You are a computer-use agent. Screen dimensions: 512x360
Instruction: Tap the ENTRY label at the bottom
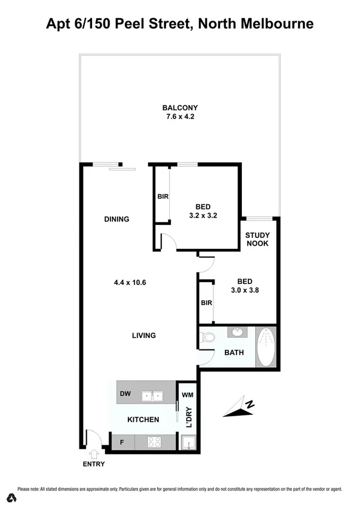(93, 464)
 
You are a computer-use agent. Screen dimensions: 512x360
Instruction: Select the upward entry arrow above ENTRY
(93, 453)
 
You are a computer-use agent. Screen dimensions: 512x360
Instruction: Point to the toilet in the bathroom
(207, 338)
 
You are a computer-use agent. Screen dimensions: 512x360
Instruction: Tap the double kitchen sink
(152, 396)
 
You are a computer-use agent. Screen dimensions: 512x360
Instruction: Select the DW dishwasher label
(125, 394)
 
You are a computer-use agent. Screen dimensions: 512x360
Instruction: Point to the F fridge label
(122, 443)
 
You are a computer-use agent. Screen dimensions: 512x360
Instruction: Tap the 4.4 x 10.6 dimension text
(130, 281)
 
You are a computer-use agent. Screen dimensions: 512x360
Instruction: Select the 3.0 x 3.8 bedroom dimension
(244, 291)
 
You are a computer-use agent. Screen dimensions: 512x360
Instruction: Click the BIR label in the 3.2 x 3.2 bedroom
(162, 197)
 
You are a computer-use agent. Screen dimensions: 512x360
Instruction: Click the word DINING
(116, 219)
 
